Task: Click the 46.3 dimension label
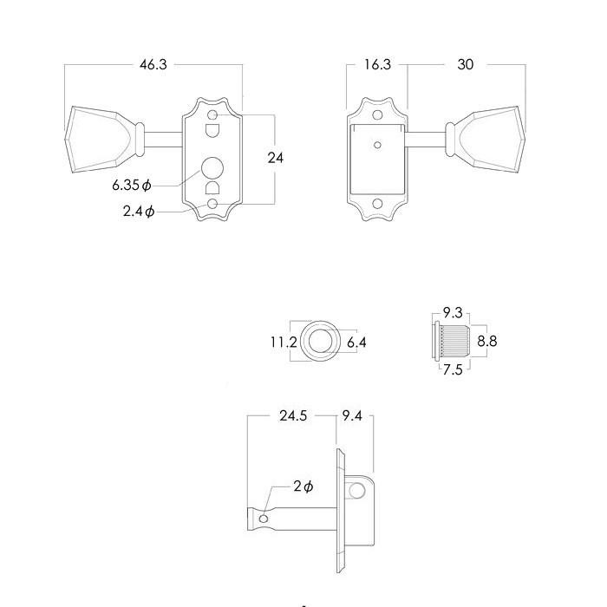[153, 65]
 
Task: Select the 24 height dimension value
[275, 158]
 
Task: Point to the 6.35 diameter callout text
[132, 186]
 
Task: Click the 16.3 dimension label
[377, 65]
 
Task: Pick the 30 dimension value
[466, 65]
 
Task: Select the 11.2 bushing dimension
[284, 343]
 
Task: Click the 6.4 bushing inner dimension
[356, 343]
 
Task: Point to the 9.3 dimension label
[452, 313]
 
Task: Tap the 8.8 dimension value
[486, 342]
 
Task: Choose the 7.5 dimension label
[452, 370]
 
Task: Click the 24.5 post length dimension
[293, 415]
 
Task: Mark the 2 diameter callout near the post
[302, 487]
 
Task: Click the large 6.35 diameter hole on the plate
[212, 168]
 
